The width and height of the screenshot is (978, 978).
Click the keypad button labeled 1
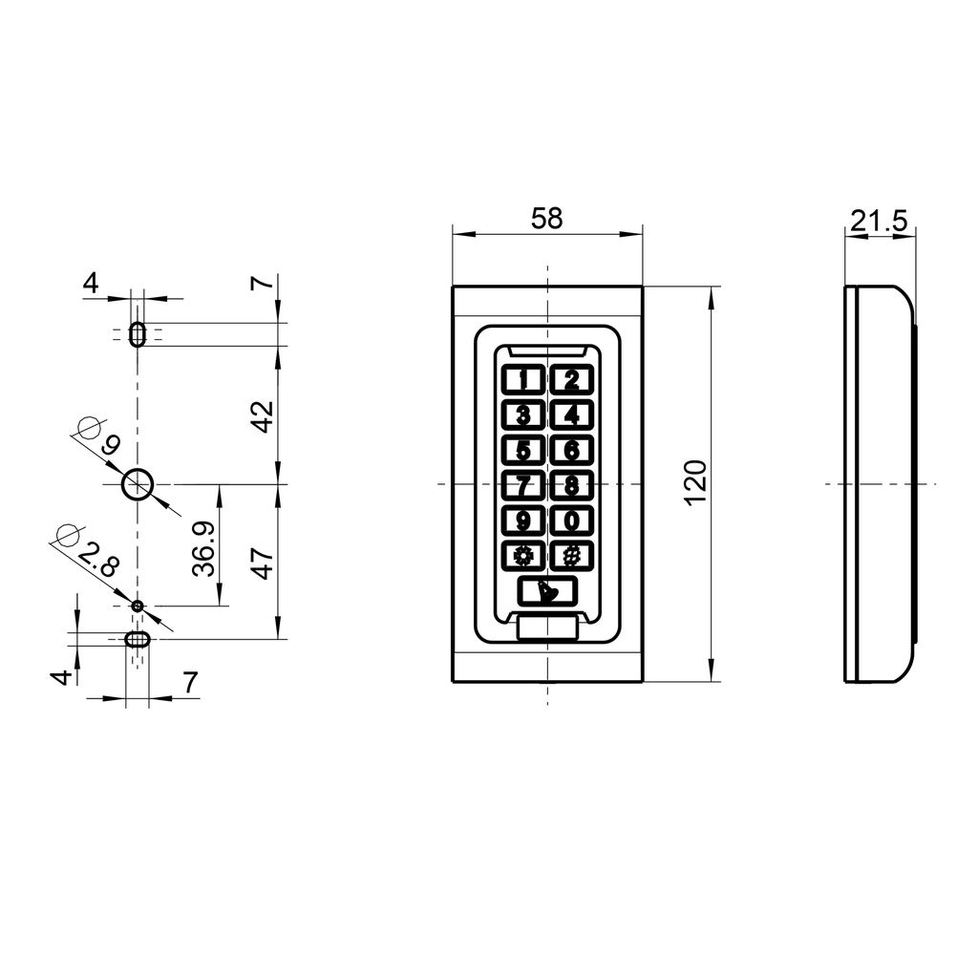(x=522, y=380)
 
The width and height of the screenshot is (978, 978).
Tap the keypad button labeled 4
(x=571, y=415)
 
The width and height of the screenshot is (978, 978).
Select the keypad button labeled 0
(x=571, y=521)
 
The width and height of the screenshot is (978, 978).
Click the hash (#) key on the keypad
(x=571, y=556)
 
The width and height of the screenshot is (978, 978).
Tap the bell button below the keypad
(x=547, y=592)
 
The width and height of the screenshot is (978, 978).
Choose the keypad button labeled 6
(x=571, y=450)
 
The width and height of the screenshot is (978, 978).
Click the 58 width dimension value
(x=547, y=218)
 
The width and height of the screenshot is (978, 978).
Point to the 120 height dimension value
(x=695, y=482)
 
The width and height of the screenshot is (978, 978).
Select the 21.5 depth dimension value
(x=879, y=222)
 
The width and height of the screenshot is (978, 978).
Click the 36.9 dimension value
(x=202, y=548)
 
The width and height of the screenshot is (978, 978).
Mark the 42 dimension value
(x=262, y=416)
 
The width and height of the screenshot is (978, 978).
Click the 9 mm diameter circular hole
(x=138, y=485)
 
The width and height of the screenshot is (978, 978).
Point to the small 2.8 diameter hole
(x=138, y=606)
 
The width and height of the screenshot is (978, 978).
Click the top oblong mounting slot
(x=138, y=334)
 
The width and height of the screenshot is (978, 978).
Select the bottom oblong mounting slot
(x=138, y=639)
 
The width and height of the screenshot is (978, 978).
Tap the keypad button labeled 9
(x=522, y=521)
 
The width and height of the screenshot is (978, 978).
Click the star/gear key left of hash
(x=522, y=556)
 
